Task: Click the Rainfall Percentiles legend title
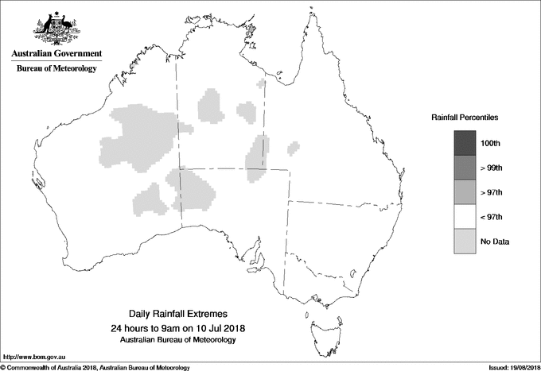(x=465, y=118)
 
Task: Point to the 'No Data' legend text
(x=495, y=242)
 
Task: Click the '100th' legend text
(x=492, y=143)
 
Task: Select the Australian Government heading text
(x=56, y=54)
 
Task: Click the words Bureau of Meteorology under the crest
(x=56, y=68)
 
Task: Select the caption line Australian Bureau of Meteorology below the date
(x=177, y=340)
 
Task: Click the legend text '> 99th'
(x=492, y=168)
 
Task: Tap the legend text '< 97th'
(x=492, y=217)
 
